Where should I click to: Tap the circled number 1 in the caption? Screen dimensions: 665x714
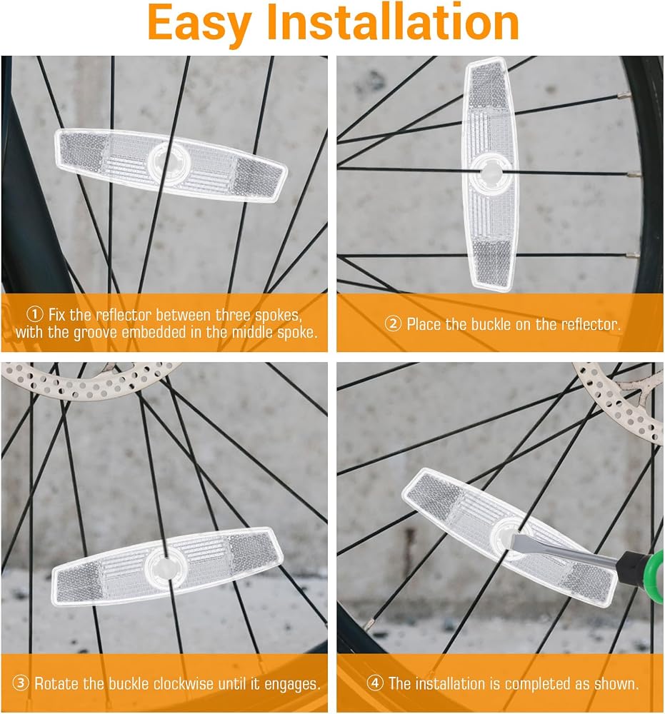pyautogui.click(x=34, y=314)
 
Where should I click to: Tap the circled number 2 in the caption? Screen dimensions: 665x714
pyautogui.click(x=393, y=324)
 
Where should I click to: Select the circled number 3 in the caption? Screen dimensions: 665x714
pyautogui.click(x=21, y=683)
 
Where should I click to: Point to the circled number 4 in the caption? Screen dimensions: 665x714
pyautogui.click(x=375, y=683)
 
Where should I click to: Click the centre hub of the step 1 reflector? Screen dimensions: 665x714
pyautogui.click(x=169, y=162)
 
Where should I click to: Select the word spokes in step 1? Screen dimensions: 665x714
pyautogui.click(x=277, y=315)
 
